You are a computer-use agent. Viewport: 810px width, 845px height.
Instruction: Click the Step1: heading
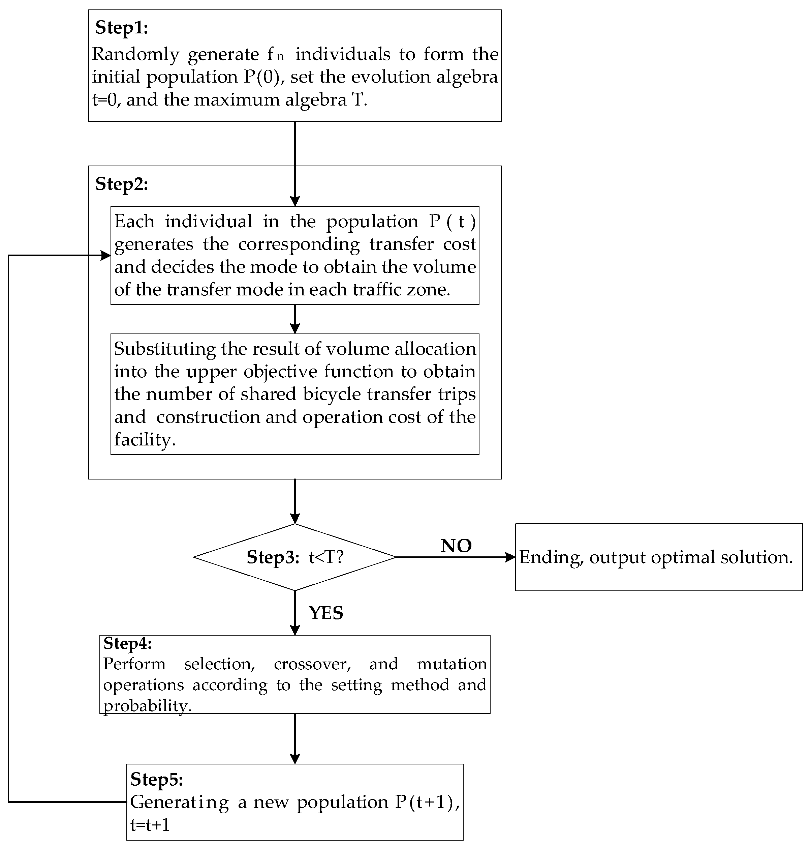coord(122,28)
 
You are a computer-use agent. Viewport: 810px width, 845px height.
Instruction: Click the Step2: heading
coord(122,184)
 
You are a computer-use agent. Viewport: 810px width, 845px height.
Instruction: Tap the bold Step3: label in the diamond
coord(273,557)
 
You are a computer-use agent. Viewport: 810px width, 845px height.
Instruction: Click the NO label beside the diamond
coord(456,546)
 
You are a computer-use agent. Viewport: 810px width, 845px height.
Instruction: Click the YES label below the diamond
coord(326,613)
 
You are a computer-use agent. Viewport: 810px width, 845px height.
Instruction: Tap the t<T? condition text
coord(326,557)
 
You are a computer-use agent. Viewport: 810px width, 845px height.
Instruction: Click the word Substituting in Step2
coord(164,349)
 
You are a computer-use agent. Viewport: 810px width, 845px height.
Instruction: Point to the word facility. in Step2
coord(145,440)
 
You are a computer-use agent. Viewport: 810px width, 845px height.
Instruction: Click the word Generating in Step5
coord(179,802)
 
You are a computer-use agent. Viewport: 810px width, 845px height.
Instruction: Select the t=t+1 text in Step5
coord(150,825)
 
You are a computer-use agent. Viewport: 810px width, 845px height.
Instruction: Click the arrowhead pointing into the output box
coord(510,557)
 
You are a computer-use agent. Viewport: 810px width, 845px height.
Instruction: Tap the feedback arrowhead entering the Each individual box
coord(105,256)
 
